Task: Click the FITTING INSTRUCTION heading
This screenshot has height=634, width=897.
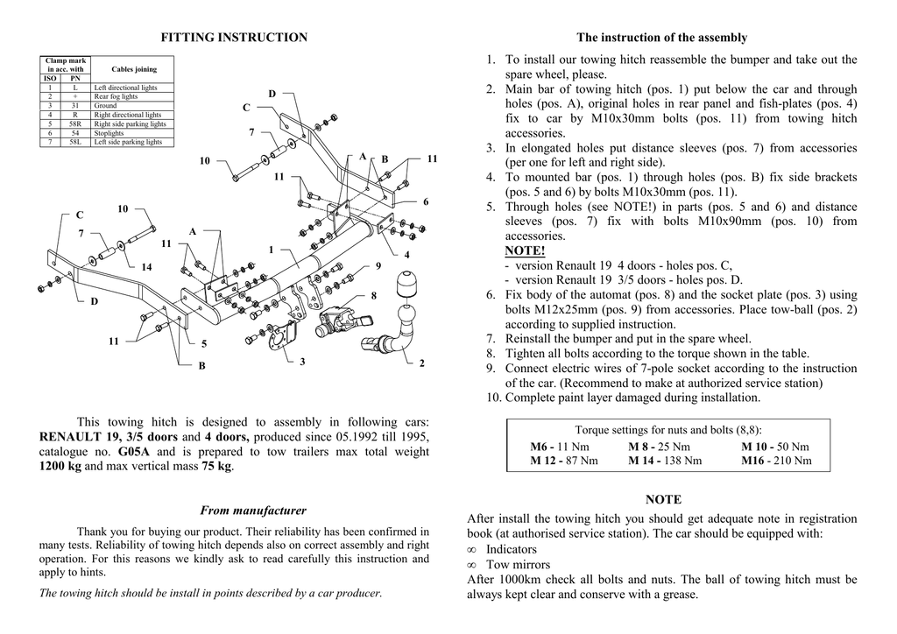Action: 234,38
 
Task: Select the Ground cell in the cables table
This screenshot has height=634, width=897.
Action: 105,106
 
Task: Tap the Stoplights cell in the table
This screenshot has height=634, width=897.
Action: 109,133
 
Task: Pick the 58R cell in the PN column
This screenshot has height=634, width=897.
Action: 75,124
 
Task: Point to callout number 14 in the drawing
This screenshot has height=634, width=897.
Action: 146,266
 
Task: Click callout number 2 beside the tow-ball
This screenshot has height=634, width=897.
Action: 421,363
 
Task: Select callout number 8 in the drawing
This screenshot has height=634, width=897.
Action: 373,296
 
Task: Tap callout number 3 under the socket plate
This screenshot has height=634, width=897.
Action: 302,361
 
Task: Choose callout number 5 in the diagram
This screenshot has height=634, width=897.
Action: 204,344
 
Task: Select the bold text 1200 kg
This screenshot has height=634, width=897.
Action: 60,467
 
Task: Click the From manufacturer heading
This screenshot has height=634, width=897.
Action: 253,511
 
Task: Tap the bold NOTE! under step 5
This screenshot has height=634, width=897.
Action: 525,251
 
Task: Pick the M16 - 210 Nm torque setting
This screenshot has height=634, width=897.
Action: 776,461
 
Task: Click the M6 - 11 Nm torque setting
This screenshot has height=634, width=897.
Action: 560,447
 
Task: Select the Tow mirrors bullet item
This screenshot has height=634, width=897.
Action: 518,565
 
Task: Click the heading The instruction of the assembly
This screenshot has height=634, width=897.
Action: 661,38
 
